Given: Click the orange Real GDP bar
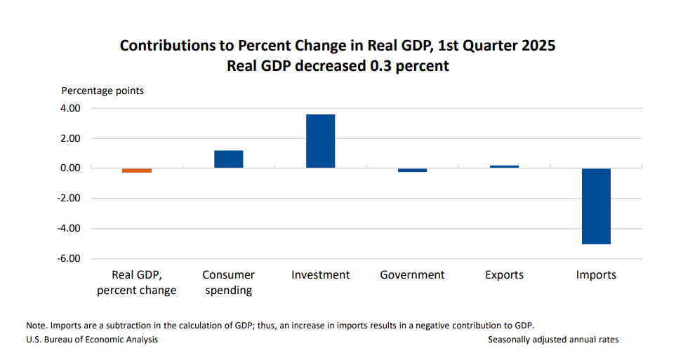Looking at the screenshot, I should (137, 170).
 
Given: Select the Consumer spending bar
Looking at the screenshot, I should (229, 159).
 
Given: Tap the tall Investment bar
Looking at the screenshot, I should (320, 141).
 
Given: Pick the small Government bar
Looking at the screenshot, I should (412, 170).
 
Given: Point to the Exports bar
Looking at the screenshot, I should (504, 166).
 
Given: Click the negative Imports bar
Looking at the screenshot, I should (596, 206).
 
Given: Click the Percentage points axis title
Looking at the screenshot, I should (102, 91).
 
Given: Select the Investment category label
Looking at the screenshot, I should (321, 275).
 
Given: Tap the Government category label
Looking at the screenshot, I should (412, 275).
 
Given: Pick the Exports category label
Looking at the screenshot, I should (504, 275).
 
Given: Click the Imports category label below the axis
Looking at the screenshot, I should (596, 275).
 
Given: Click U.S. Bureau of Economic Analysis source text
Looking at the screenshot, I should (92, 340).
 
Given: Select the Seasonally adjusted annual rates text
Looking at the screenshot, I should (553, 340).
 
